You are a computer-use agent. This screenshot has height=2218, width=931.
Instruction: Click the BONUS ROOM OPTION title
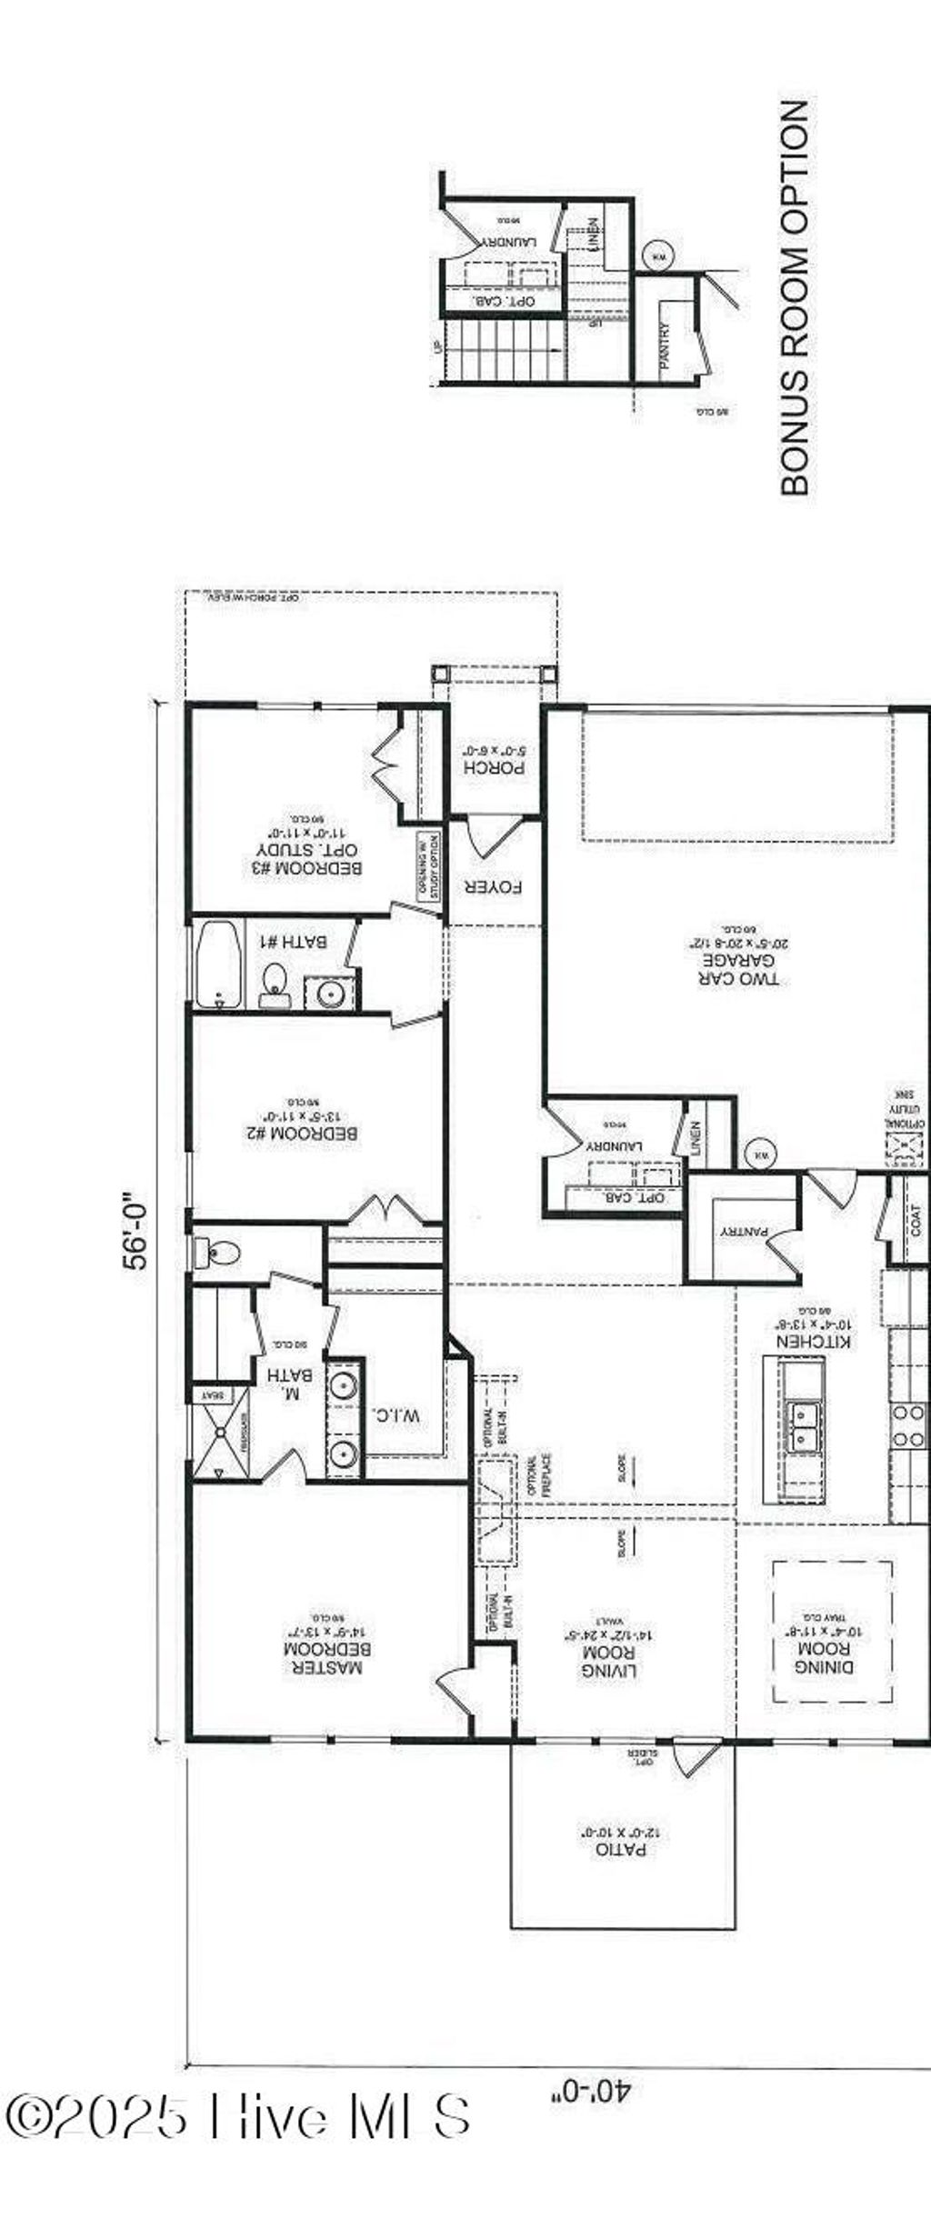(795, 297)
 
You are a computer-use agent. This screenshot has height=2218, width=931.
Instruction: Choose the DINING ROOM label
(824, 1658)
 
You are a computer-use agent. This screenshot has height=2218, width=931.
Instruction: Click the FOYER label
(494, 886)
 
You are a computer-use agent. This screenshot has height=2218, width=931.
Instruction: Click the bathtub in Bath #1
(219, 964)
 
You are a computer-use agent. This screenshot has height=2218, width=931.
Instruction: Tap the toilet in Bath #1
(274, 982)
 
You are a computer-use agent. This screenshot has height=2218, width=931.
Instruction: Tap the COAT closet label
(915, 1220)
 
